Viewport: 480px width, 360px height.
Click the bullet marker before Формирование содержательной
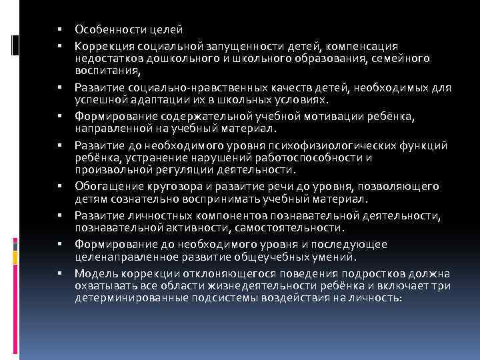pyautogui.click(x=59, y=117)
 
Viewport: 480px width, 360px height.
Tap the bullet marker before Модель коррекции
pyautogui.click(x=59, y=274)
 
